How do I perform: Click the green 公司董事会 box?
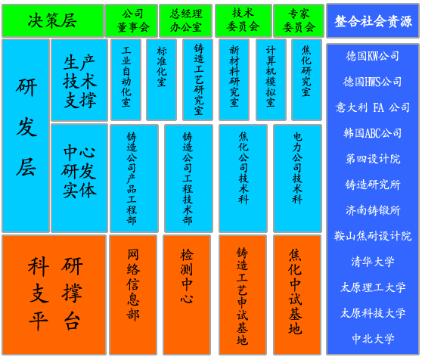(x=132, y=20)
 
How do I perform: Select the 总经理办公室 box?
(x=186, y=20)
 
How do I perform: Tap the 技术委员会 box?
(x=244, y=20)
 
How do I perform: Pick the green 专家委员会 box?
(x=299, y=20)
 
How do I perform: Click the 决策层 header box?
(x=53, y=20)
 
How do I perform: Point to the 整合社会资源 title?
(x=373, y=21)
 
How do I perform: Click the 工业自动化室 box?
(x=126, y=79)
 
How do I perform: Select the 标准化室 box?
(x=162, y=79)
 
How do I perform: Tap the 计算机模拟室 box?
(x=271, y=79)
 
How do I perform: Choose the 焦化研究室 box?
(x=306, y=79)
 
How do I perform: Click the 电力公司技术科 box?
(x=298, y=178)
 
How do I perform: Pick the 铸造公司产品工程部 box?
(x=135, y=178)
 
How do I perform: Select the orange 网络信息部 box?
(x=133, y=295)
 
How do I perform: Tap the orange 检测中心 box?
(x=187, y=295)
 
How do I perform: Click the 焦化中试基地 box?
(x=297, y=295)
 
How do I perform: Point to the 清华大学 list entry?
(x=373, y=262)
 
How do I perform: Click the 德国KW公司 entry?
(x=373, y=56)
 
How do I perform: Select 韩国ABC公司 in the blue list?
(x=373, y=133)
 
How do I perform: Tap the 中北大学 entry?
(x=373, y=339)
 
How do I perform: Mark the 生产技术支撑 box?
(x=79, y=80)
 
